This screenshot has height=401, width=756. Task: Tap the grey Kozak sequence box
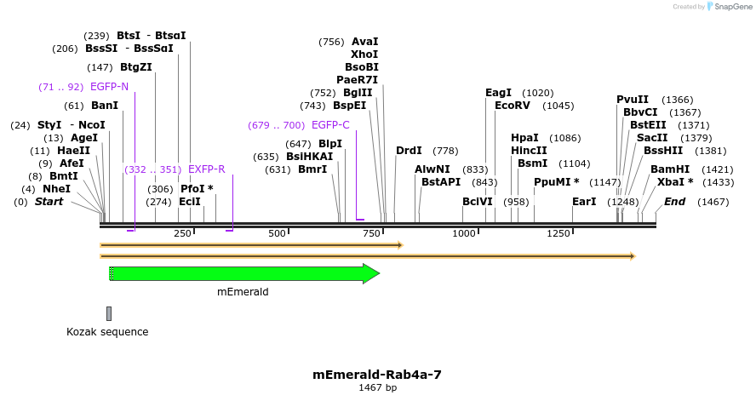109,313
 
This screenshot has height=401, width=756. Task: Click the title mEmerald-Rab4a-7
377,374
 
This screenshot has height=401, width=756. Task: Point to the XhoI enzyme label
364,54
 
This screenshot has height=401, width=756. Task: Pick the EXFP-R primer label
207,169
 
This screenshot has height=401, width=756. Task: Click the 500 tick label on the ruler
277,233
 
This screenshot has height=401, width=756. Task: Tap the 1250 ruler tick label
558,233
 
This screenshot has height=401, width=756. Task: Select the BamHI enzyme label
670,169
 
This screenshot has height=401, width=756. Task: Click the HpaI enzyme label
524,138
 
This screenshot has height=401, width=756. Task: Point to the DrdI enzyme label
409,151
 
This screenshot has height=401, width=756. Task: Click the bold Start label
49,202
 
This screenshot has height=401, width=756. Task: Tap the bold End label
674,202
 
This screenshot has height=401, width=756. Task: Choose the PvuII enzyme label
633,100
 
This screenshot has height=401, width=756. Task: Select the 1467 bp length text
377,387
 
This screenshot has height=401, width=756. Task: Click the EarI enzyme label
584,202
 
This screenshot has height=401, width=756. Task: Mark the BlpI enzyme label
330,144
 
